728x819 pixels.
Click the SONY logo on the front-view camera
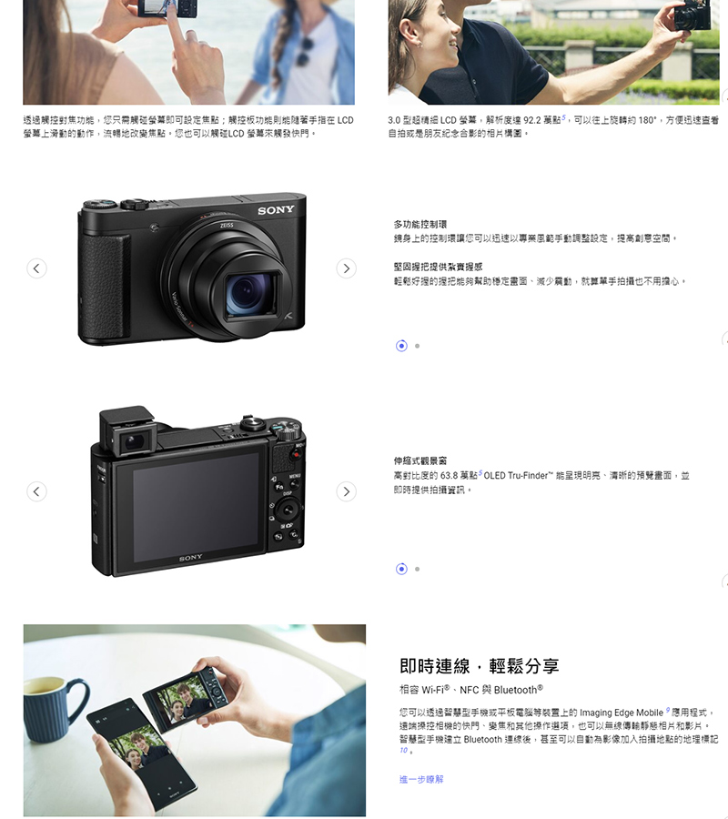(x=276, y=210)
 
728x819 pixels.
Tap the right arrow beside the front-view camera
(x=346, y=268)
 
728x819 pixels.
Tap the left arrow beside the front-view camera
(x=36, y=268)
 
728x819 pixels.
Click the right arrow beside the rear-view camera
(x=346, y=491)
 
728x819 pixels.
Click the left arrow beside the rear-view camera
(x=36, y=491)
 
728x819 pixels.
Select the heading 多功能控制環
(x=420, y=225)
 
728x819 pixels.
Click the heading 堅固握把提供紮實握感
(x=438, y=267)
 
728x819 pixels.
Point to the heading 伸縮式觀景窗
(x=420, y=460)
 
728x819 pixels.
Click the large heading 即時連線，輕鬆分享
(x=479, y=666)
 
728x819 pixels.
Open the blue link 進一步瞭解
(x=421, y=779)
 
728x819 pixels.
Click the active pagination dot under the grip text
(x=401, y=346)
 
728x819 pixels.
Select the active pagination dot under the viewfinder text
(x=401, y=569)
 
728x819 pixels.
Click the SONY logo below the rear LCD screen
(x=190, y=558)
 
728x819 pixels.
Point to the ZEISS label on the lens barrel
(x=227, y=226)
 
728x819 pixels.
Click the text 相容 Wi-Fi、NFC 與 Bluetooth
(x=471, y=690)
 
